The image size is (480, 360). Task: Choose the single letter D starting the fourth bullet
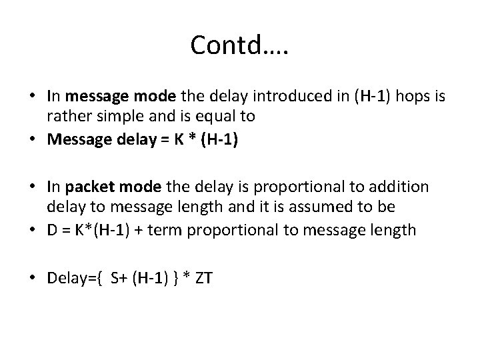coord(52,230)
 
